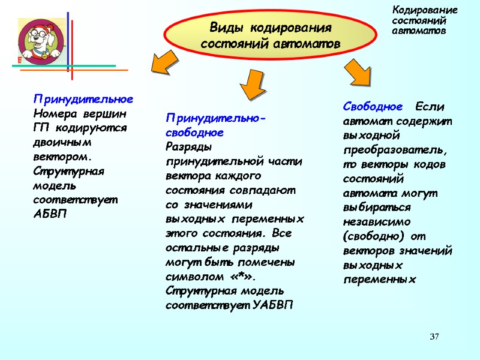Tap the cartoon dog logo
(x=41, y=41)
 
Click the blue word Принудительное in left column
(x=83, y=98)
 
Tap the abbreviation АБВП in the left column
(x=51, y=215)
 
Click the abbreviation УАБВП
(x=274, y=305)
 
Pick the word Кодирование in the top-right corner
(x=424, y=10)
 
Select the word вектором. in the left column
(x=62, y=157)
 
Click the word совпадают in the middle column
(x=268, y=191)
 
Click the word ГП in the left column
(x=41, y=127)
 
